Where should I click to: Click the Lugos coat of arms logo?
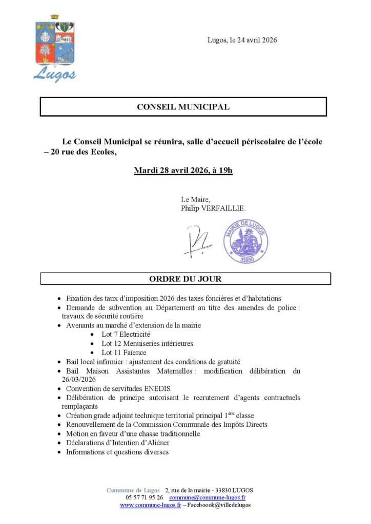pyautogui.click(x=55, y=49)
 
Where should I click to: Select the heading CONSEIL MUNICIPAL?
pyautogui.click(x=183, y=107)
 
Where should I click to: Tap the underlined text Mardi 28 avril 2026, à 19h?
pyautogui.click(x=183, y=170)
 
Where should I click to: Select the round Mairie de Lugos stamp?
pyautogui.click(x=245, y=241)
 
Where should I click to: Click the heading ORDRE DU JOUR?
pyautogui.click(x=185, y=279)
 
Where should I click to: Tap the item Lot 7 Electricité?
pyautogui.click(x=126, y=334)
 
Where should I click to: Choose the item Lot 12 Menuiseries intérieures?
pyautogui.click(x=147, y=343)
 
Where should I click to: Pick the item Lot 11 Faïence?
pyautogui.click(x=123, y=353)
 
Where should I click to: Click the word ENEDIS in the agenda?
pyautogui.click(x=154, y=388)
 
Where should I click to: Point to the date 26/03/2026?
pyautogui.click(x=77, y=379)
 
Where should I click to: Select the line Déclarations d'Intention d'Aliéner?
pyautogui.click(x=117, y=443)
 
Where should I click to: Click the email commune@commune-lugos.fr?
pyautogui.click(x=207, y=497)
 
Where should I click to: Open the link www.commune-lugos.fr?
pyautogui.click(x=150, y=505)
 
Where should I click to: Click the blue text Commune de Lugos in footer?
pyautogui.click(x=133, y=490)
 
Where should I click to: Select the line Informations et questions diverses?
pyautogui.click(x=117, y=452)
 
